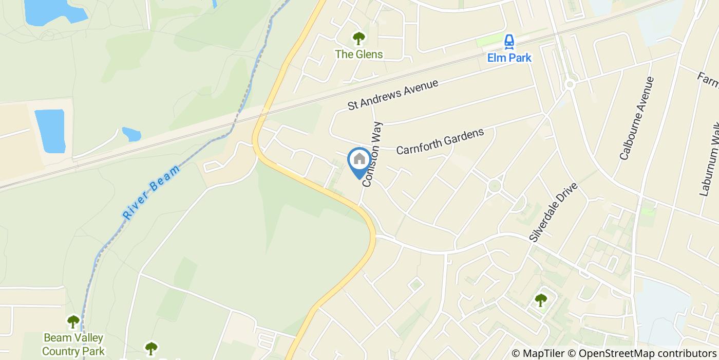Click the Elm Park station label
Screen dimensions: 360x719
click(509, 57)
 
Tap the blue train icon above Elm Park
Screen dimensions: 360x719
click(509, 41)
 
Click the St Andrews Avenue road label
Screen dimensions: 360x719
click(393, 94)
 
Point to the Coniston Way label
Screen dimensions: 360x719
click(373, 154)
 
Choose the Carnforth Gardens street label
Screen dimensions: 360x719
click(440, 141)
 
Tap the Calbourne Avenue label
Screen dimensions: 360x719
click(637, 118)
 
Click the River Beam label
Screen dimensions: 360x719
click(152, 192)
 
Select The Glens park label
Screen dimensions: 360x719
click(359, 54)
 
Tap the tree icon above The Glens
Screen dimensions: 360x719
click(358, 38)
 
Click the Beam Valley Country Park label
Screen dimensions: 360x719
click(73, 345)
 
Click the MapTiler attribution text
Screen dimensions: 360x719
click(538, 353)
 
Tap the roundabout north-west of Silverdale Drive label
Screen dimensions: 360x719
click(495, 185)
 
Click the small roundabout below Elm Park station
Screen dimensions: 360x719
click(569, 84)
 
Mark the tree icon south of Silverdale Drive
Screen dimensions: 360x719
click(540, 300)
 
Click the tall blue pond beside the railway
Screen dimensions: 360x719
click(50, 131)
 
